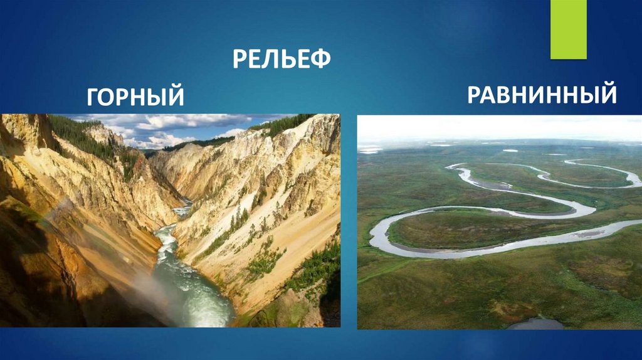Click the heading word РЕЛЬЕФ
(282, 60)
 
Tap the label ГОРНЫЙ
(135, 97)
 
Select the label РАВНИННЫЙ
(542, 95)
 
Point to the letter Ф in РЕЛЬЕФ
(320, 60)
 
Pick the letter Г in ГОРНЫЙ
(95, 97)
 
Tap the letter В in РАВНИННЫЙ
(503, 95)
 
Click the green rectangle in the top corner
(568, 29)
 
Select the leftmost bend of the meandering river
(376, 236)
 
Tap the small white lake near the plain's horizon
(510, 151)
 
